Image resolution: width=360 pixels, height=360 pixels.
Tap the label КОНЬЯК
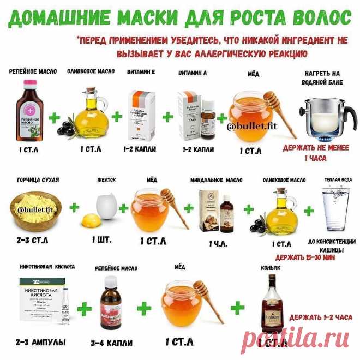click(270, 268)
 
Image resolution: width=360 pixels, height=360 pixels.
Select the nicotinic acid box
click(46, 300)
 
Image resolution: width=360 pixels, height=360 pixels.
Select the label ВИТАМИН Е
click(141, 72)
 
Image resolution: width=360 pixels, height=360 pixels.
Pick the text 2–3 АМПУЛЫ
click(41, 343)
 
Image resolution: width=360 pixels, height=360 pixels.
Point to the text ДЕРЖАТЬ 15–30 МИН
click(305, 257)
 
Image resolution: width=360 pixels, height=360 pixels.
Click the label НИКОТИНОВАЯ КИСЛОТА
click(43, 267)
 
